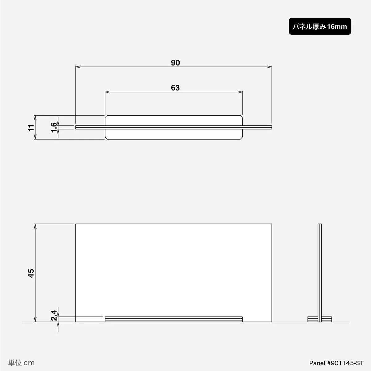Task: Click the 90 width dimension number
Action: coord(175,63)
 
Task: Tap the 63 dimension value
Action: coord(175,88)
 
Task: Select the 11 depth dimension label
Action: coord(31,128)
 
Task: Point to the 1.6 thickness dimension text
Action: coord(54,127)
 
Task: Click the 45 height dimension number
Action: coord(31,273)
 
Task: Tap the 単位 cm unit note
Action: coord(21,363)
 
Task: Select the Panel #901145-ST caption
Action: coord(336,363)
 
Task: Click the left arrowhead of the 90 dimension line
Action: coord(78,67)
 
